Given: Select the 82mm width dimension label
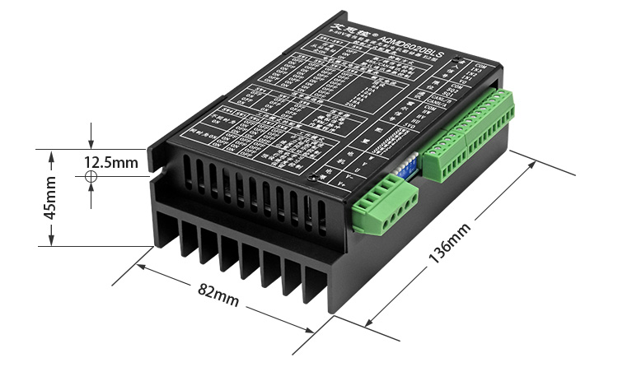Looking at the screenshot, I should click(x=218, y=295).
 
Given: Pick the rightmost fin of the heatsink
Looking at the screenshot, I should click(x=318, y=285).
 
